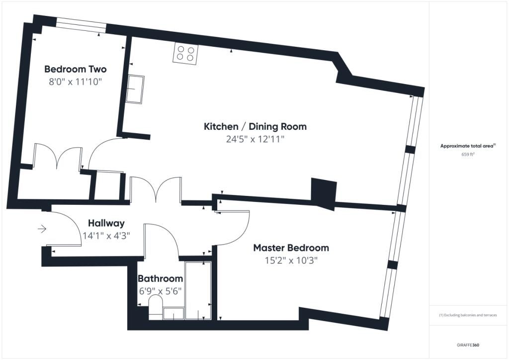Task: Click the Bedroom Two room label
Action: pyautogui.click(x=76, y=69)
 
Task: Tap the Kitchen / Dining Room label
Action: pyautogui.click(x=255, y=127)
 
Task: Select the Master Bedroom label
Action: pyautogui.click(x=291, y=248)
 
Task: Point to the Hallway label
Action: pyautogui.click(x=106, y=223)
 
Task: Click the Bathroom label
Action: pyautogui.click(x=161, y=278)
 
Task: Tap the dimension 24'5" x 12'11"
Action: pyautogui.click(x=255, y=139)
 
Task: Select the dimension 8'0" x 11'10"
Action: pyautogui.click(x=76, y=82)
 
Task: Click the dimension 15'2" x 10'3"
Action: pyautogui.click(x=291, y=261)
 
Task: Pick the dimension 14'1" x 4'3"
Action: pyautogui.click(x=106, y=236)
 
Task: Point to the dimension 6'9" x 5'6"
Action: pyautogui.click(x=161, y=291)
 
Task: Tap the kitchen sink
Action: pyautogui.click(x=135, y=90)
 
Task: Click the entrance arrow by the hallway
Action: pyautogui.click(x=42, y=229)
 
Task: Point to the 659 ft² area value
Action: pyautogui.click(x=468, y=155)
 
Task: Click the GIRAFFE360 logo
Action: pyautogui.click(x=468, y=345)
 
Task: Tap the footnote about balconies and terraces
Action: pyautogui.click(x=468, y=315)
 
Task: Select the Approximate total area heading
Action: pyautogui.click(x=468, y=146)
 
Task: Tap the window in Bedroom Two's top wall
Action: pyautogui.click(x=81, y=25)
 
